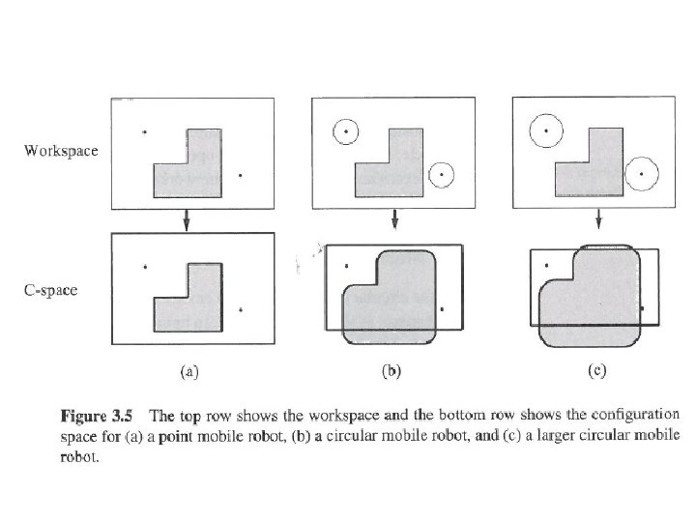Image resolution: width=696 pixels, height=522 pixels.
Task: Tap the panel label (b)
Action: pyautogui.click(x=392, y=368)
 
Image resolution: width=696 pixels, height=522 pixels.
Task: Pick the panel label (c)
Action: pyautogui.click(x=599, y=368)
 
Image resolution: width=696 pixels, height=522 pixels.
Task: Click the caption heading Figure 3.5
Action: pyautogui.click(x=98, y=418)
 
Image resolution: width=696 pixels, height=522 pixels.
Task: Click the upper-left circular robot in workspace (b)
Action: pyautogui.click(x=345, y=130)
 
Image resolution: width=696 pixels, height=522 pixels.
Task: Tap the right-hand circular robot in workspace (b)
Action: pyautogui.click(x=441, y=174)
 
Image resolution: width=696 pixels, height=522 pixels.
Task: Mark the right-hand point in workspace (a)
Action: pyautogui.click(x=239, y=175)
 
